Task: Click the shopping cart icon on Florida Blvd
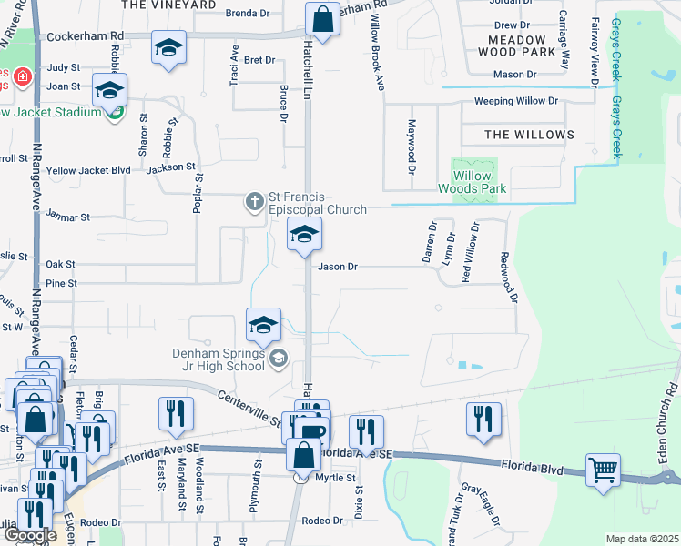click(x=603, y=470)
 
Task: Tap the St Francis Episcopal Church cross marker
click(x=255, y=201)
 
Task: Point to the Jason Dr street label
click(x=338, y=268)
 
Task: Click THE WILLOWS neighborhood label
click(x=529, y=135)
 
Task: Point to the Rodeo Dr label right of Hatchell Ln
click(x=321, y=521)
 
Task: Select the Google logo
click(x=30, y=535)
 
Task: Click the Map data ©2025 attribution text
click(x=642, y=539)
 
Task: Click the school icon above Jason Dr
click(x=304, y=236)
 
